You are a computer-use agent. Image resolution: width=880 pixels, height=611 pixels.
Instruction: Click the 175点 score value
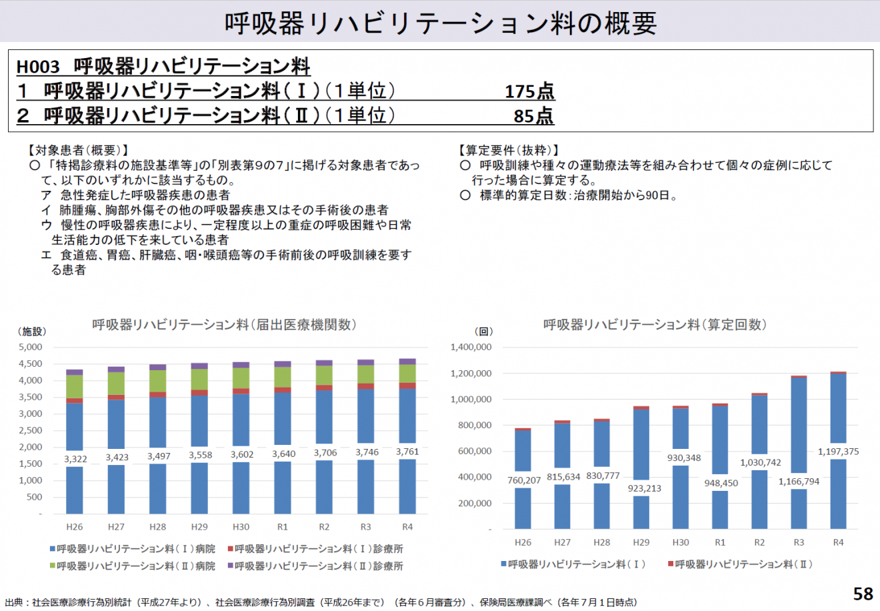click(529, 91)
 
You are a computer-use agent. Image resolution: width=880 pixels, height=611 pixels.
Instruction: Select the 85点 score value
click(533, 115)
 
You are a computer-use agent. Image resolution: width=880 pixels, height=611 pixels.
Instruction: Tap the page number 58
click(863, 594)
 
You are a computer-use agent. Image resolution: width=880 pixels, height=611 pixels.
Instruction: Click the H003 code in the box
click(38, 67)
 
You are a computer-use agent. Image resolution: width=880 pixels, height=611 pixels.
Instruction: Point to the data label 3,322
click(75, 459)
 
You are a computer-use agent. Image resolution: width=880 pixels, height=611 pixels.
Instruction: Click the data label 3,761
click(407, 452)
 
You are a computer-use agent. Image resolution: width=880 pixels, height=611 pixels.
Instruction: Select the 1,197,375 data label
click(838, 452)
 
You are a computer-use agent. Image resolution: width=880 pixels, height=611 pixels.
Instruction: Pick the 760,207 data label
click(524, 480)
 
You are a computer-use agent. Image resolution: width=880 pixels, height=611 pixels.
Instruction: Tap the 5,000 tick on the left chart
click(30, 347)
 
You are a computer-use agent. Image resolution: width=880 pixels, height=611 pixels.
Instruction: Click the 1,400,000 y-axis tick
click(471, 347)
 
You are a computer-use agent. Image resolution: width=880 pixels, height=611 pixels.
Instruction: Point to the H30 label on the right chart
click(681, 542)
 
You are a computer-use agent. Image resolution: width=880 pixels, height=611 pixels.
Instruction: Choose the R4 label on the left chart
click(407, 527)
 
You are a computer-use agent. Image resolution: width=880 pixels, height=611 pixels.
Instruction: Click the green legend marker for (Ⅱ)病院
click(53, 566)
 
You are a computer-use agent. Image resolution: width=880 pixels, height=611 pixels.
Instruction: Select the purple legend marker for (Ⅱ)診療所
click(231, 566)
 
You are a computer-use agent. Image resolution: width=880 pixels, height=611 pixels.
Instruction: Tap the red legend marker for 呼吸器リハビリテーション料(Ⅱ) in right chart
click(671, 564)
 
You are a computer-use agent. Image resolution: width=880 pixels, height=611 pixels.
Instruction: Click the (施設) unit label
click(32, 332)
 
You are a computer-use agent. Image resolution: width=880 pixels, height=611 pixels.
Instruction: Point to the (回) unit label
click(483, 332)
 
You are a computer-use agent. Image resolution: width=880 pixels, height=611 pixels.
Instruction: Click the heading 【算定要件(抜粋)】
click(509, 150)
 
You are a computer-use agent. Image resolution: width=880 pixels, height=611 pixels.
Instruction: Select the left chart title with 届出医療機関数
click(224, 325)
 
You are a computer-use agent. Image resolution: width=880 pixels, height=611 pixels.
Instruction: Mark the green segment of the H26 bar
click(75, 387)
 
